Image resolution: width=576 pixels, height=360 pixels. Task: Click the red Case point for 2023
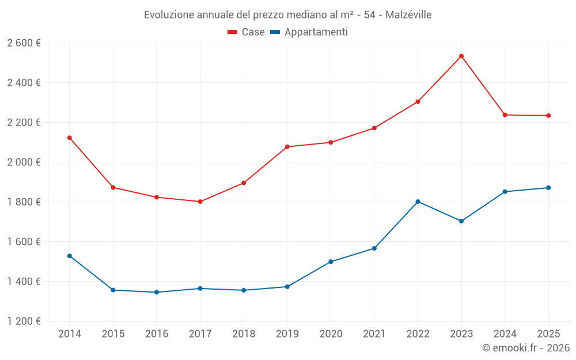coord(461,56)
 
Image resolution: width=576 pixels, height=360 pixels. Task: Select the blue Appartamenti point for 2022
coord(418,202)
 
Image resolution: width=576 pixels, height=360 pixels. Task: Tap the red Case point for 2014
coord(69,138)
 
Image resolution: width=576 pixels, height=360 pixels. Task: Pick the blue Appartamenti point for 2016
coord(156,292)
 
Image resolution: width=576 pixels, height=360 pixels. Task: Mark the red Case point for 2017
coord(200,202)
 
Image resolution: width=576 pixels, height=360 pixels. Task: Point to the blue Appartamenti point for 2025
coord(548,188)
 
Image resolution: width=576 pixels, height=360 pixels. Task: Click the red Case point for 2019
coord(287,147)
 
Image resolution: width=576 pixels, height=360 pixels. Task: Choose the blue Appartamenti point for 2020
coord(331,262)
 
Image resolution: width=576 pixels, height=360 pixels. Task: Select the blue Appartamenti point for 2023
coord(461,221)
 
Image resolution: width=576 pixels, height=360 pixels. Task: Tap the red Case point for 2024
coord(505,115)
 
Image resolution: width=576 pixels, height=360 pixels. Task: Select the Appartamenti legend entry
coord(309,32)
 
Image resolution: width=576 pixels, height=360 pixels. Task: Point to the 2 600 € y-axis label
coord(24,43)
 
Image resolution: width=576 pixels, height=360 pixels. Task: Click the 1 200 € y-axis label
coord(24,321)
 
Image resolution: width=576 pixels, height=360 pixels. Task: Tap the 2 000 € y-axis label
coord(24,162)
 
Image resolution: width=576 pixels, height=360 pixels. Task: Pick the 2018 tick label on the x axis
coord(243,334)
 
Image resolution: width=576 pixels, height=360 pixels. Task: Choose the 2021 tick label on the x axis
coord(374,334)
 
